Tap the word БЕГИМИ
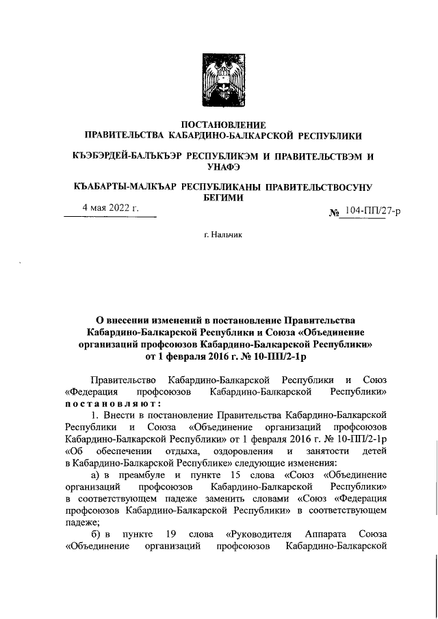click(x=218, y=197)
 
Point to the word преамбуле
click(x=141, y=475)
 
